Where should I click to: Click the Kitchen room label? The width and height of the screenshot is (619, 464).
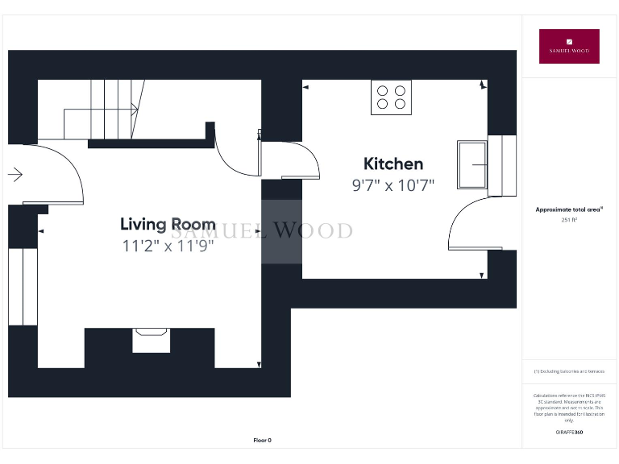click(x=393, y=164)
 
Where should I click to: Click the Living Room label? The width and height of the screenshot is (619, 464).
click(x=168, y=224)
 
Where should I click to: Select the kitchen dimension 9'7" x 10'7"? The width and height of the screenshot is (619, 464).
click(x=393, y=185)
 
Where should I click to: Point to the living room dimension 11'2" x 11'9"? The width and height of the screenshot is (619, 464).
click(x=168, y=246)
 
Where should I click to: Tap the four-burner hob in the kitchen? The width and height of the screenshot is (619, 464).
click(x=391, y=97)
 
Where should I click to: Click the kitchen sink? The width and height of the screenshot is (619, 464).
click(x=472, y=165)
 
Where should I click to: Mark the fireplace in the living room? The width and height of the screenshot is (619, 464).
click(x=151, y=339)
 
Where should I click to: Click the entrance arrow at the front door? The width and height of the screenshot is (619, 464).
click(x=15, y=173)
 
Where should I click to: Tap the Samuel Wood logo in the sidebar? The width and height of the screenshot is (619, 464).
click(x=569, y=46)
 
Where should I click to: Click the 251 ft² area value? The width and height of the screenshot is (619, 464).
click(x=569, y=219)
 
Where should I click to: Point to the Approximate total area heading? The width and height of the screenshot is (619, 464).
click(x=569, y=209)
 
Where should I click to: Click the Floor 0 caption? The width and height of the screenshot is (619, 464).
click(x=263, y=441)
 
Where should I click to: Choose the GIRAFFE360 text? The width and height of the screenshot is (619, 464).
click(x=569, y=433)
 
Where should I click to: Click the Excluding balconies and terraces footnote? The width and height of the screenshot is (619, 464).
click(x=569, y=371)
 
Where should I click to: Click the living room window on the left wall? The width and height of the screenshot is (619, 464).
click(x=23, y=286)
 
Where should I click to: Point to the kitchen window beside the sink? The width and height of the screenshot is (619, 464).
click(x=508, y=165)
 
